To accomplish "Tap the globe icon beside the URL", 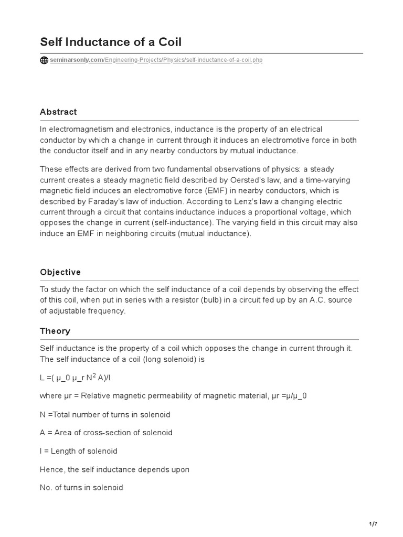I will (x=44, y=60).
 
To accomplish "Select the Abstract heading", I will (x=58, y=112).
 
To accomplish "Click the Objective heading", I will (x=60, y=272).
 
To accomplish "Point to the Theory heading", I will (x=55, y=331).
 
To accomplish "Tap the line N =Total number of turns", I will (x=105, y=415).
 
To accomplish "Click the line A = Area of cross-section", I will (x=106, y=433).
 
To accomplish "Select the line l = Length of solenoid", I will (x=78, y=451).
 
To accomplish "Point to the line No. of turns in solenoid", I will (x=81, y=487).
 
